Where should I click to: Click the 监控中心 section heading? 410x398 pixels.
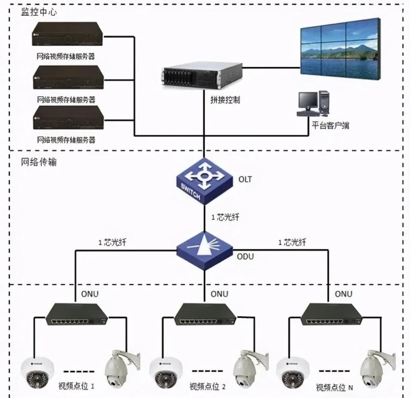pyautogui.click(x=39, y=12)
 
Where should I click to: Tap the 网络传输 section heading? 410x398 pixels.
pyautogui.click(x=39, y=162)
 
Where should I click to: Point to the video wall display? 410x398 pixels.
pyautogui.click(x=340, y=49)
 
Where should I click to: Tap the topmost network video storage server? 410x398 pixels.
pyautogui.click(x=67, y=34)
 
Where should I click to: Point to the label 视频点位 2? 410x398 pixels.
pyautogui.click(x=207, y=386)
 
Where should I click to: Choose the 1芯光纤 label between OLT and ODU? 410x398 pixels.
pyautogui.click(x=225, y=217)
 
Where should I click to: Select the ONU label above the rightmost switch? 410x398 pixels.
pyautogui.click(x=343, y=294)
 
